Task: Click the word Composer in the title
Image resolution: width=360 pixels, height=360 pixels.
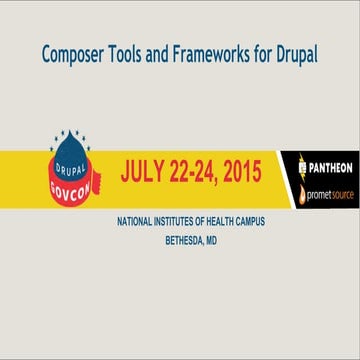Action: [72, 53]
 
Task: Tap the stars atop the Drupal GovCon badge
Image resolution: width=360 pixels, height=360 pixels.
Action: [70, 133]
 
